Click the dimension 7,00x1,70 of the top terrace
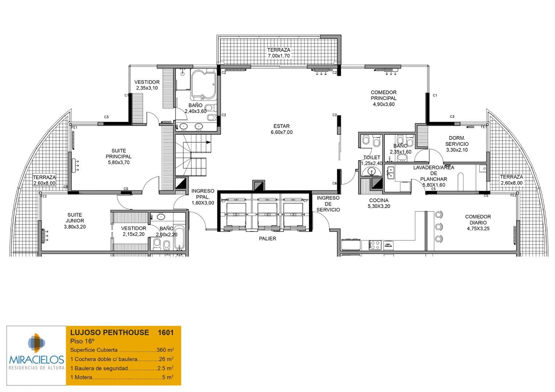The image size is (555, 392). pos(279,56)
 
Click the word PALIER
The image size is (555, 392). pos(267,238)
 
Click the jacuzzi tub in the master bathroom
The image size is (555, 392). pos(203,84)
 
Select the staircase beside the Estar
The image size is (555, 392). pos(192,154)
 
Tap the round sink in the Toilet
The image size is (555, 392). pos(371,171)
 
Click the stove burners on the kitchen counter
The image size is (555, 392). pos(375,245)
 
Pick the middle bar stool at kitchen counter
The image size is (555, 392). pos(439,226)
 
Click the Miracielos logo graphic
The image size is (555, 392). pos(36,343)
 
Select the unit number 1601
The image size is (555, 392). pos(166,332)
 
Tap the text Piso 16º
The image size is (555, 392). pos(82,341)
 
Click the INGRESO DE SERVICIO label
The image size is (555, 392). pos(328,204)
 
